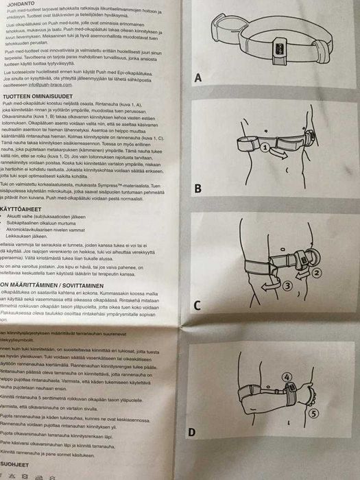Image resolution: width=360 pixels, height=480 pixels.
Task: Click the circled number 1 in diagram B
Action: point(265,146)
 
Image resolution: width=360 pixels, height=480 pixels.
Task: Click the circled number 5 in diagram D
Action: point(313,413)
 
